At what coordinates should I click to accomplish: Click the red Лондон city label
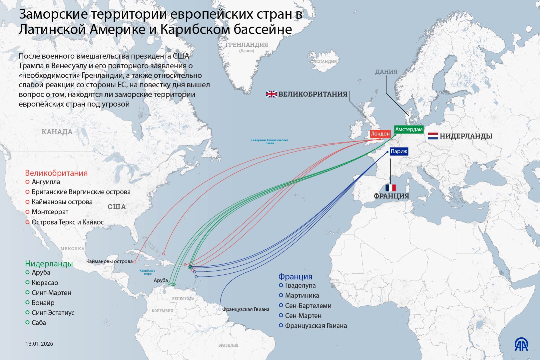click(x=380, y=134)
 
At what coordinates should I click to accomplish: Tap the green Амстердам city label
click(x=409, y=129)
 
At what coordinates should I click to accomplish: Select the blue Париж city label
click(x=399, y=152)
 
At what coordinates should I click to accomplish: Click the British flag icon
click(x=271, y=94)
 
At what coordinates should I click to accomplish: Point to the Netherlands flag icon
click(x=433, y=136)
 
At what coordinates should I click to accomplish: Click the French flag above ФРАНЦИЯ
click(x=390, y=188)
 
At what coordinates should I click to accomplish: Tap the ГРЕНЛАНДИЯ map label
click(x=247, y=45)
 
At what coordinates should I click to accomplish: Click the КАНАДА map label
click(x=57, y=132)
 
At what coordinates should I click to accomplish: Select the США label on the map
click(x=117, y=207)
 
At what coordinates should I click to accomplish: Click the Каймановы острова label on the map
click(x=109, y=261)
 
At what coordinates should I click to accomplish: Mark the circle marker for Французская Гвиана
click(x=220, y=309)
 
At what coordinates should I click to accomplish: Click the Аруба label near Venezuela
click(x=161, y=280)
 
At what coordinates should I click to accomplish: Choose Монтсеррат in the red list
click(x=50, y=212)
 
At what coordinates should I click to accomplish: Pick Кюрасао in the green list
click(x=45, y=283)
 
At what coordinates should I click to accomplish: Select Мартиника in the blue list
click(x=302, y=295)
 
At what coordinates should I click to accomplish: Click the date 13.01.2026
click(x=39, y=344)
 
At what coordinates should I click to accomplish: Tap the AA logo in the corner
click(x=521, y=345)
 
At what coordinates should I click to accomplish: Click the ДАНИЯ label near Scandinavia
click(x=386, y=72)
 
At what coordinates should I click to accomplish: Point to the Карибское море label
click(x=147, y=272)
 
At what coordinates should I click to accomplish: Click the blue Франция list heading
click(x=295, y=276)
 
